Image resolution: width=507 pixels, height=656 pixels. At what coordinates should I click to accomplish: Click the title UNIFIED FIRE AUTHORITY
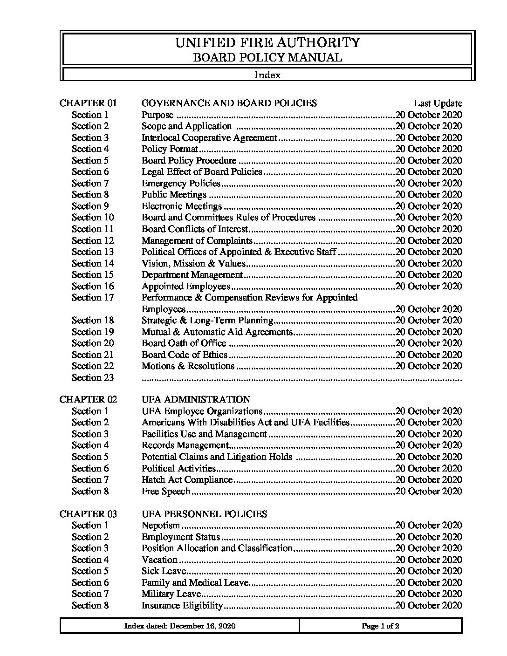[x=267, y=43]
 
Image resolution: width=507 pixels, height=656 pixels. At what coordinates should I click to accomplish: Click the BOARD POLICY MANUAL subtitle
[x=267, y=58]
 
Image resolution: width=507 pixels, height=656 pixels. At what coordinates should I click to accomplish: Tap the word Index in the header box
[x=267, y=75]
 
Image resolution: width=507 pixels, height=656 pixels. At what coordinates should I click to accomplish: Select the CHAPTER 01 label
[x=88, y=103]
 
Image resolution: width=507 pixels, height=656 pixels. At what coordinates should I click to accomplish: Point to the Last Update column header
[x=438, y=103]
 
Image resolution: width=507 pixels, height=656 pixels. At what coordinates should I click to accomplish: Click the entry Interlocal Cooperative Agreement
[x=209, y=137]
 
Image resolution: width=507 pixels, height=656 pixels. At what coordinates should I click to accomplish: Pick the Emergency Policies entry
[x=181, y=183]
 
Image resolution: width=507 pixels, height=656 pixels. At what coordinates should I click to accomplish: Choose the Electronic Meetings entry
[x=182, y=206]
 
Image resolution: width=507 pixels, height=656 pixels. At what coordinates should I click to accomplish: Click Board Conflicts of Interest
[x=195, y=229]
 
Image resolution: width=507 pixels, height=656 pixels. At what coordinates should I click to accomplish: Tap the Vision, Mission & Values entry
[x=193, y=263]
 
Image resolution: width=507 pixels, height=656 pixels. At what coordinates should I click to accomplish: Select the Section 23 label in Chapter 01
[x=93, y=377]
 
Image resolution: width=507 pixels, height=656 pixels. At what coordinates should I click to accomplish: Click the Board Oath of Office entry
[x=184, y=343]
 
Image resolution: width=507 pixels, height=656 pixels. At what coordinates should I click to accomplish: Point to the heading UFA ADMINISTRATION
[x=196, y=399]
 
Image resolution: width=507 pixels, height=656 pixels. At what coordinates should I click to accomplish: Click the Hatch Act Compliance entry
[x=187, y=479]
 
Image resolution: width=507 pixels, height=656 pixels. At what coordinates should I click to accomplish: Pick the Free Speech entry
[x=166, y=491]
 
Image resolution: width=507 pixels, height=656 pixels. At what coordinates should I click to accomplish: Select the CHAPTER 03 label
[x=88, y=514]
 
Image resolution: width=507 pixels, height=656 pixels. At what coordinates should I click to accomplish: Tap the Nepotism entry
[x=161, y=525]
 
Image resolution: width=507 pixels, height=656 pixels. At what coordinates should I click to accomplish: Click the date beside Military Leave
[x=428, y=594]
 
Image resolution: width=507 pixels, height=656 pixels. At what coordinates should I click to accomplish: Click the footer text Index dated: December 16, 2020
[x=180, y=626]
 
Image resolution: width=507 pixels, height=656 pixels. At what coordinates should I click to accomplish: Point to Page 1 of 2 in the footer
[x=380, y=626]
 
